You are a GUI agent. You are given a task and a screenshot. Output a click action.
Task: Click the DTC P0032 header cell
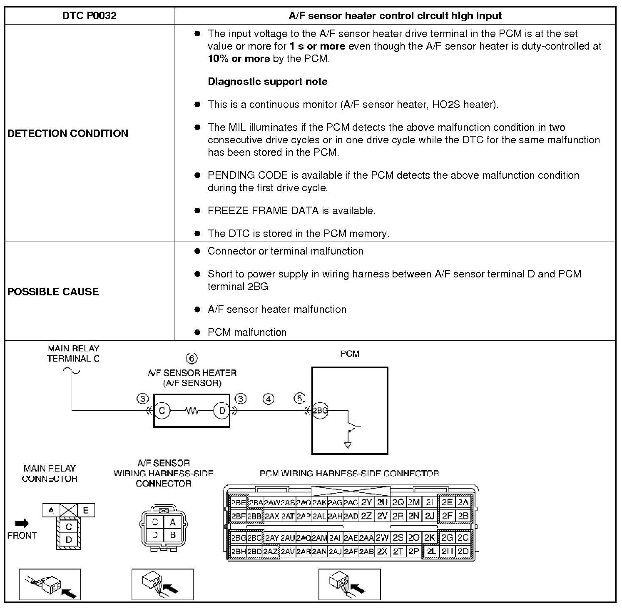89,16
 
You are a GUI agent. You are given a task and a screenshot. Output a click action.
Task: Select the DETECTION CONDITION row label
68,133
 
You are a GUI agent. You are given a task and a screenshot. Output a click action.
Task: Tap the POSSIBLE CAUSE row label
53,292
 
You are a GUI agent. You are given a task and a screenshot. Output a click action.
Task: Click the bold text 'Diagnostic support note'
267,82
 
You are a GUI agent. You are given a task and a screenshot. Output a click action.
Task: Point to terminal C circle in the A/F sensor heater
162,411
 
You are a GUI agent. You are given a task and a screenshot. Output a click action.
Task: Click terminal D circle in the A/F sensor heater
221,411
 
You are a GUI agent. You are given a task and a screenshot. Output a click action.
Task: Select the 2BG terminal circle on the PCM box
320,411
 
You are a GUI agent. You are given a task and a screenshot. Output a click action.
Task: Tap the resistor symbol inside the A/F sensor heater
192,411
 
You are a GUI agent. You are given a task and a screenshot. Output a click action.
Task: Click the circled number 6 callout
192,359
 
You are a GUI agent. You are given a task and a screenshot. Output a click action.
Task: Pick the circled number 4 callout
269,399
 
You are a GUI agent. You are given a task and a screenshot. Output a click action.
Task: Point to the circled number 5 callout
299,398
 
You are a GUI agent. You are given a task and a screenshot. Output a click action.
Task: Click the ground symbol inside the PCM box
348,445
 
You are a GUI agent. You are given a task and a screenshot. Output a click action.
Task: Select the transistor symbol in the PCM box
353,426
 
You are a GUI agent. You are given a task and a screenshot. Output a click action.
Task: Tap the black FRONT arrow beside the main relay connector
22,523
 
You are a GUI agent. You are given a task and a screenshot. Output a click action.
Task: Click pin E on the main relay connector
86,510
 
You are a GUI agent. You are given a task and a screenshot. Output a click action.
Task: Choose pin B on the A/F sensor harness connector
172,535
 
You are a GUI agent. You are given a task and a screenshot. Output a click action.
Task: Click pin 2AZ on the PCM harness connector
270,552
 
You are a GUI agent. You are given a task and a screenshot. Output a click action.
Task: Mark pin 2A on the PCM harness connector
463,502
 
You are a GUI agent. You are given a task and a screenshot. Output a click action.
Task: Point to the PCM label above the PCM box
350,354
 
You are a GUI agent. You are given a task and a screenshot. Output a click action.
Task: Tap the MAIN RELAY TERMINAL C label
73,354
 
